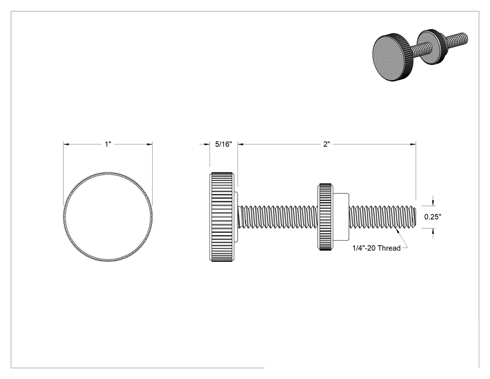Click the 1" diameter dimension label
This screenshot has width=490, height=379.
coord(108,144)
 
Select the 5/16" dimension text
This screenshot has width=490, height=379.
coord(224,144)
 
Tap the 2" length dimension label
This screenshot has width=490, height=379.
coord(327,144)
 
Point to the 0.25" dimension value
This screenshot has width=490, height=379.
coord(433,216)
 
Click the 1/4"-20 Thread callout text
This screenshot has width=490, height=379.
coord(377,248)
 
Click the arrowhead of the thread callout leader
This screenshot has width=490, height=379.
coord(398,231)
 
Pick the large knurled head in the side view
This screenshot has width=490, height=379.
coord(221,216)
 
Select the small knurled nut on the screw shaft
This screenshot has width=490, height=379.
coord(325,217)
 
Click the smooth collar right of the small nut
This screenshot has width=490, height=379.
coord(341,217)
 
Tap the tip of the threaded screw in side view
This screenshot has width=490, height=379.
coord(415,216)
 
